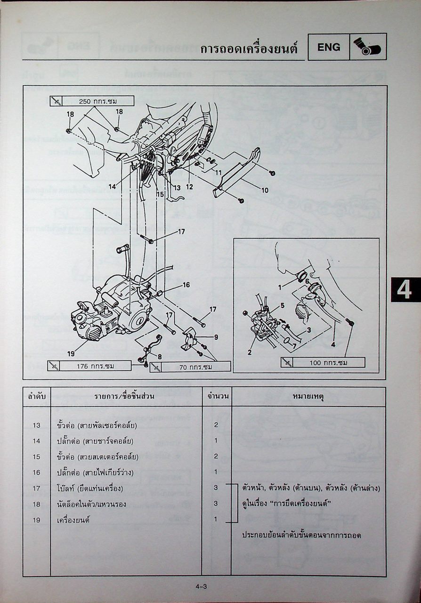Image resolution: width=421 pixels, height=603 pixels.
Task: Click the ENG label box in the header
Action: point(329,47)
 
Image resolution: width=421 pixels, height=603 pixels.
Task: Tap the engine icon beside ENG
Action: point(368,47)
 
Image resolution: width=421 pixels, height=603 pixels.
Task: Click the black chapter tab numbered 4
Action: point(404,290)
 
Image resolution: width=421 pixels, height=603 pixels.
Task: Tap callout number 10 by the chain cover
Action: point(265,190)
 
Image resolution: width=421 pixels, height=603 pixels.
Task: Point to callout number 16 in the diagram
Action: point(186,285)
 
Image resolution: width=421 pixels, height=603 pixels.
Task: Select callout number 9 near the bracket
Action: point(216,337)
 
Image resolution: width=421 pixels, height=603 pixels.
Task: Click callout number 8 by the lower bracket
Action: point(159,357)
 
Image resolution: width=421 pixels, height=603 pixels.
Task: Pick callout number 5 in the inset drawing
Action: point(282,305)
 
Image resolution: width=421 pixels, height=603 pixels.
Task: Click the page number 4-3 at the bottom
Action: point(202,587)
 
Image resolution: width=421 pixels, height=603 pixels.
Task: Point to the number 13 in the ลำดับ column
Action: point(37,425)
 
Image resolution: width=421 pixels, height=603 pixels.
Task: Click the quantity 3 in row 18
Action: point(216,504)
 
